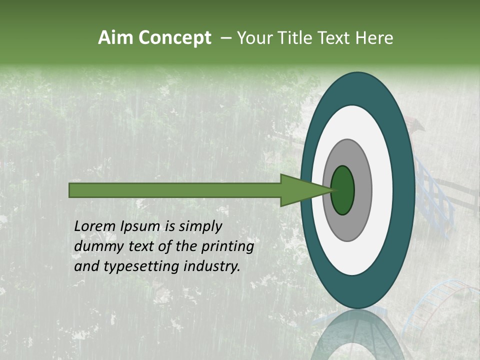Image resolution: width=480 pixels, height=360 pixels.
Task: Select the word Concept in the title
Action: [x=174, y=38]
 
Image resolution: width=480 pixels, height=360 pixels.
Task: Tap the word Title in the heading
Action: [x=294, y=38]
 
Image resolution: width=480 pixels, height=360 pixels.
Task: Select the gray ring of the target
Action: [x=362, y=190]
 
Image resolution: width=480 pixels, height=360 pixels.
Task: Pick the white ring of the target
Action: [x=382, y=190]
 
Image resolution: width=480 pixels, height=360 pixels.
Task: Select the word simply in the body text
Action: [x=200, y=226]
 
